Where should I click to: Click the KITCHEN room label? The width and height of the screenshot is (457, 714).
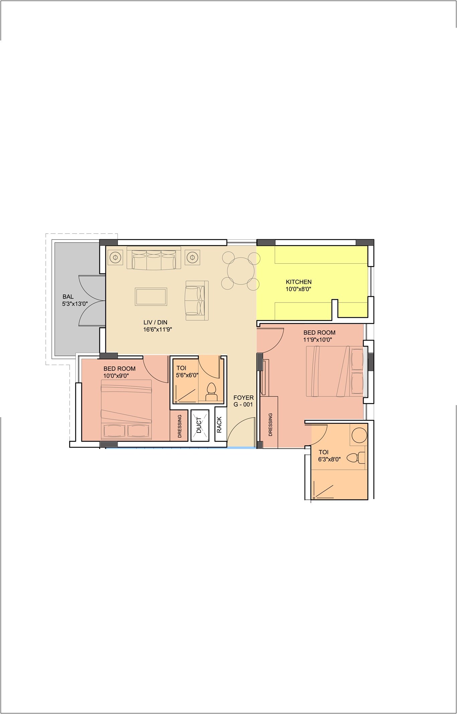click(x=298, y=282)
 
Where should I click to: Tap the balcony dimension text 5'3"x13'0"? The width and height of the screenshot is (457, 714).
click(x=75, y=304)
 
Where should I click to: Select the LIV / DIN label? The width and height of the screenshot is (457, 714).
click(x=155, y=322)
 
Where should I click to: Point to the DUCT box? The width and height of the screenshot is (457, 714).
click(x=199, y=425)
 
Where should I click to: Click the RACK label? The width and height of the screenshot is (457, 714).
click(x=219, y=425)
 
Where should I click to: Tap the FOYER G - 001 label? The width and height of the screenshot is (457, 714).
click(x=243, y=401)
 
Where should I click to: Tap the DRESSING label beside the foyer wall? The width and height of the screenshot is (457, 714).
click(x=270, y=425)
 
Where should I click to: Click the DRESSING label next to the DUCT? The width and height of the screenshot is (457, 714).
click(x=180, y=426)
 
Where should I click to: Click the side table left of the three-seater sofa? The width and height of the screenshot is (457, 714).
click(x=115, y=258)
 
